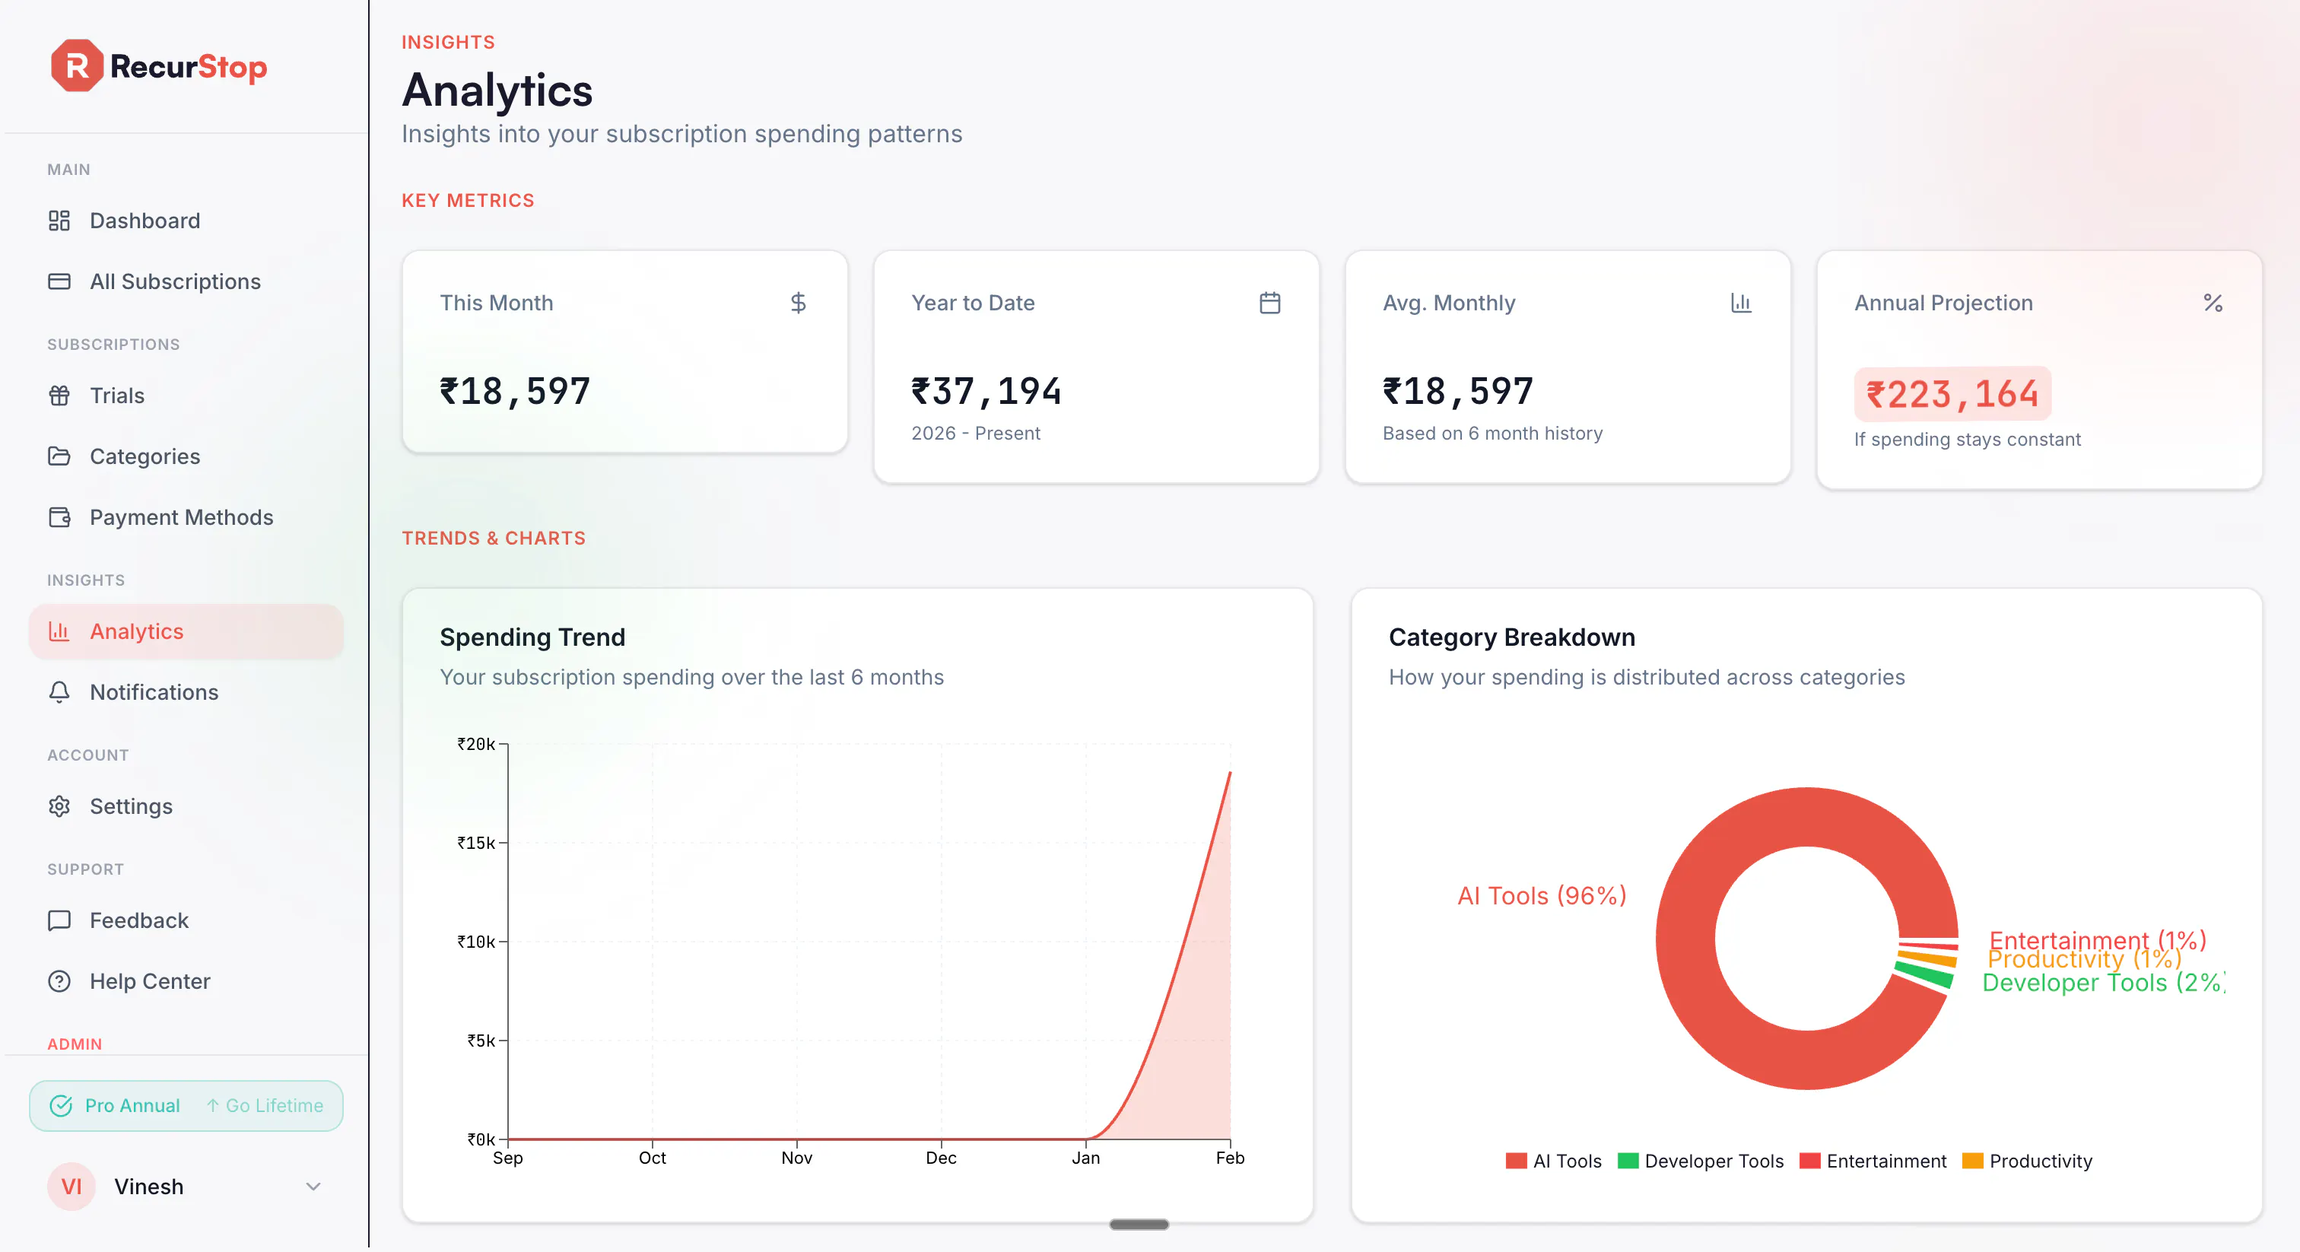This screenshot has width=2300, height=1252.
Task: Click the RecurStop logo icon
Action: pyautogui.click(x=77, y=66)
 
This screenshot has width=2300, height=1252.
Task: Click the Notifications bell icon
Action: pyautogui.click(x=59, y=692)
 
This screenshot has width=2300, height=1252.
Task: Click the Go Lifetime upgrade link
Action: pyautogui.click(x=265, y=1105)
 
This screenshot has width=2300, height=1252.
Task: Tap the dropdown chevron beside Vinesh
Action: pyautogui.click(x=313, y=1187)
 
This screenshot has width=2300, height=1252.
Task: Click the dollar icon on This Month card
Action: pyautogui.click(x=798, y=303)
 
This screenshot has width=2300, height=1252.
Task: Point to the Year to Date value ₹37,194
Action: pyautogui.click(x=986, y=391)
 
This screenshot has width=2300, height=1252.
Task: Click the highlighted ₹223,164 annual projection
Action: pyautogui.click(x=1952, y=394)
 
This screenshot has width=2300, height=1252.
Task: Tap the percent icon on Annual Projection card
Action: pyautogui.click(x=2213, y=303)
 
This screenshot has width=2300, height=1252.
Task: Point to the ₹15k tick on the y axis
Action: pyautogui.click(x=477, y=843)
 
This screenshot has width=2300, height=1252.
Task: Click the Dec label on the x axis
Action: pyautogui.click(x=941, y=1158)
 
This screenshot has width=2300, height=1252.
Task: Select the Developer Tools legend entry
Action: pyautogui.click(x=1701, y=1161)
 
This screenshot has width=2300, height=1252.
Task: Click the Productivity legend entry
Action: pyautogui.click(x=2028, y=1161)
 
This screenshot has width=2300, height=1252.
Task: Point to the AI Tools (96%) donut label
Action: pyautogui.click(x=1542, y=896)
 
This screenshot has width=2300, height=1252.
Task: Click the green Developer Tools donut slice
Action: pyautogui.click(x=1925, y=976)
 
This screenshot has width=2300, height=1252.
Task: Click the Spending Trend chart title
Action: pyautogui.click(x=532, y=637)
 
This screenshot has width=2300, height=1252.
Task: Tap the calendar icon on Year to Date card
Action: pyautogui.click(x=1269, y=303)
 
